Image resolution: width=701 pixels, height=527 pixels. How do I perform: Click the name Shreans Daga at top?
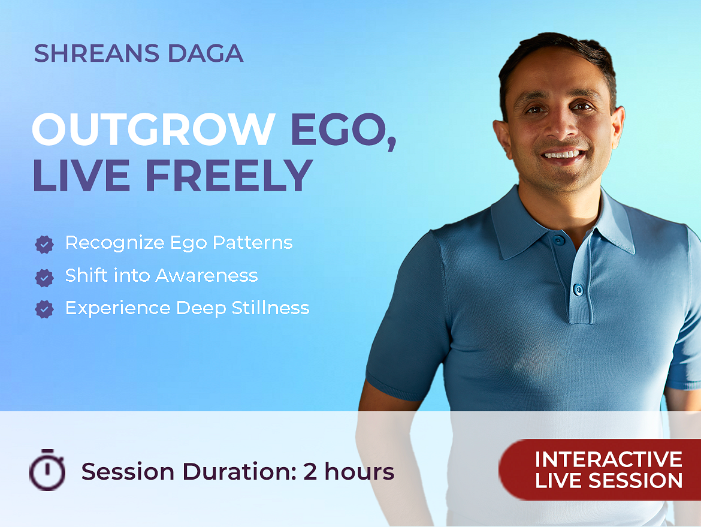point(138,53)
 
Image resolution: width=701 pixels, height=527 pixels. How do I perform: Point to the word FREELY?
point(229,175)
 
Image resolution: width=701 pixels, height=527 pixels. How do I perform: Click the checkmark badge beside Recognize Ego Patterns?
point(44,244)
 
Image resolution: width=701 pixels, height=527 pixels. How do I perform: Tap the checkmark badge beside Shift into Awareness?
point(44,278)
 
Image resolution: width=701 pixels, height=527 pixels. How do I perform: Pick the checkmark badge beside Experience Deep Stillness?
point(44,309)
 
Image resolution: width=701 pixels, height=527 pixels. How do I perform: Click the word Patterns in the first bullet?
point(253,242)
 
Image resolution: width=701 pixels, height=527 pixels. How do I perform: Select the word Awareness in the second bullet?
point(207,276)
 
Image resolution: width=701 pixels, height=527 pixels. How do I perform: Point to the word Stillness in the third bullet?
point(270,308)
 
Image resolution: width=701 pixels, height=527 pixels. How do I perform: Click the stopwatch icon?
point(47,469)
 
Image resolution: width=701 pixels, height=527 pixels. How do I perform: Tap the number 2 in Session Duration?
point(310,471)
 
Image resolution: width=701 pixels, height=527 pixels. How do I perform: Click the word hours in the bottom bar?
point(359,471)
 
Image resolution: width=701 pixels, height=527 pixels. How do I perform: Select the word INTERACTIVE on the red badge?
point(609,459)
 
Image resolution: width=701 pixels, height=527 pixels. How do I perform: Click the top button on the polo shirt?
point(558,240)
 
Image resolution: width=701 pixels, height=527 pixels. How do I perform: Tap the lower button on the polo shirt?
point(578,290)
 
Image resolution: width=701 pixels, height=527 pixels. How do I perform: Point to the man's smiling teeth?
point(563,155)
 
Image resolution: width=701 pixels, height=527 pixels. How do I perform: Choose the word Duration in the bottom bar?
point(239,471)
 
